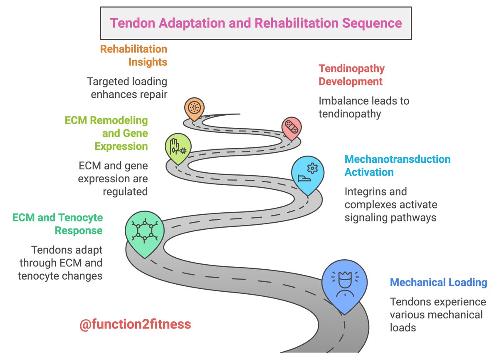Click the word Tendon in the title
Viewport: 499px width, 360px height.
[x=133, y=23]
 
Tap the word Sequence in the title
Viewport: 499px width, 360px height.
[x=372, y=23]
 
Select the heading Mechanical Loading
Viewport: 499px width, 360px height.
[x=438, y=282]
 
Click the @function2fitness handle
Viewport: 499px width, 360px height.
[x=135, y=324]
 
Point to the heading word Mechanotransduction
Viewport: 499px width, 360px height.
[x=398, y=159]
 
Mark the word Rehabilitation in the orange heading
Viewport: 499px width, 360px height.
[x=133, y=49]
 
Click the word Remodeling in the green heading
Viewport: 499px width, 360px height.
[x=119, y=121]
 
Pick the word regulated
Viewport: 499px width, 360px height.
[x=125, y=192]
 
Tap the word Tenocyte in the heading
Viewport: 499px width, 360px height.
[x=81, y=218]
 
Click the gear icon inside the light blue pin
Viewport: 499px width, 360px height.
[x=313, y=168]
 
